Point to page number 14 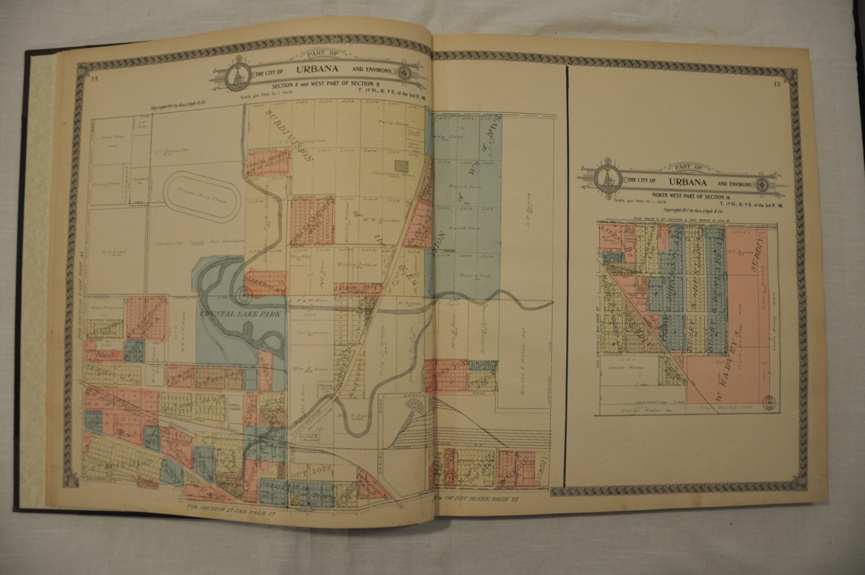click(95, 80)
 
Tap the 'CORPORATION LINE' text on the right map click(660, 402)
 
